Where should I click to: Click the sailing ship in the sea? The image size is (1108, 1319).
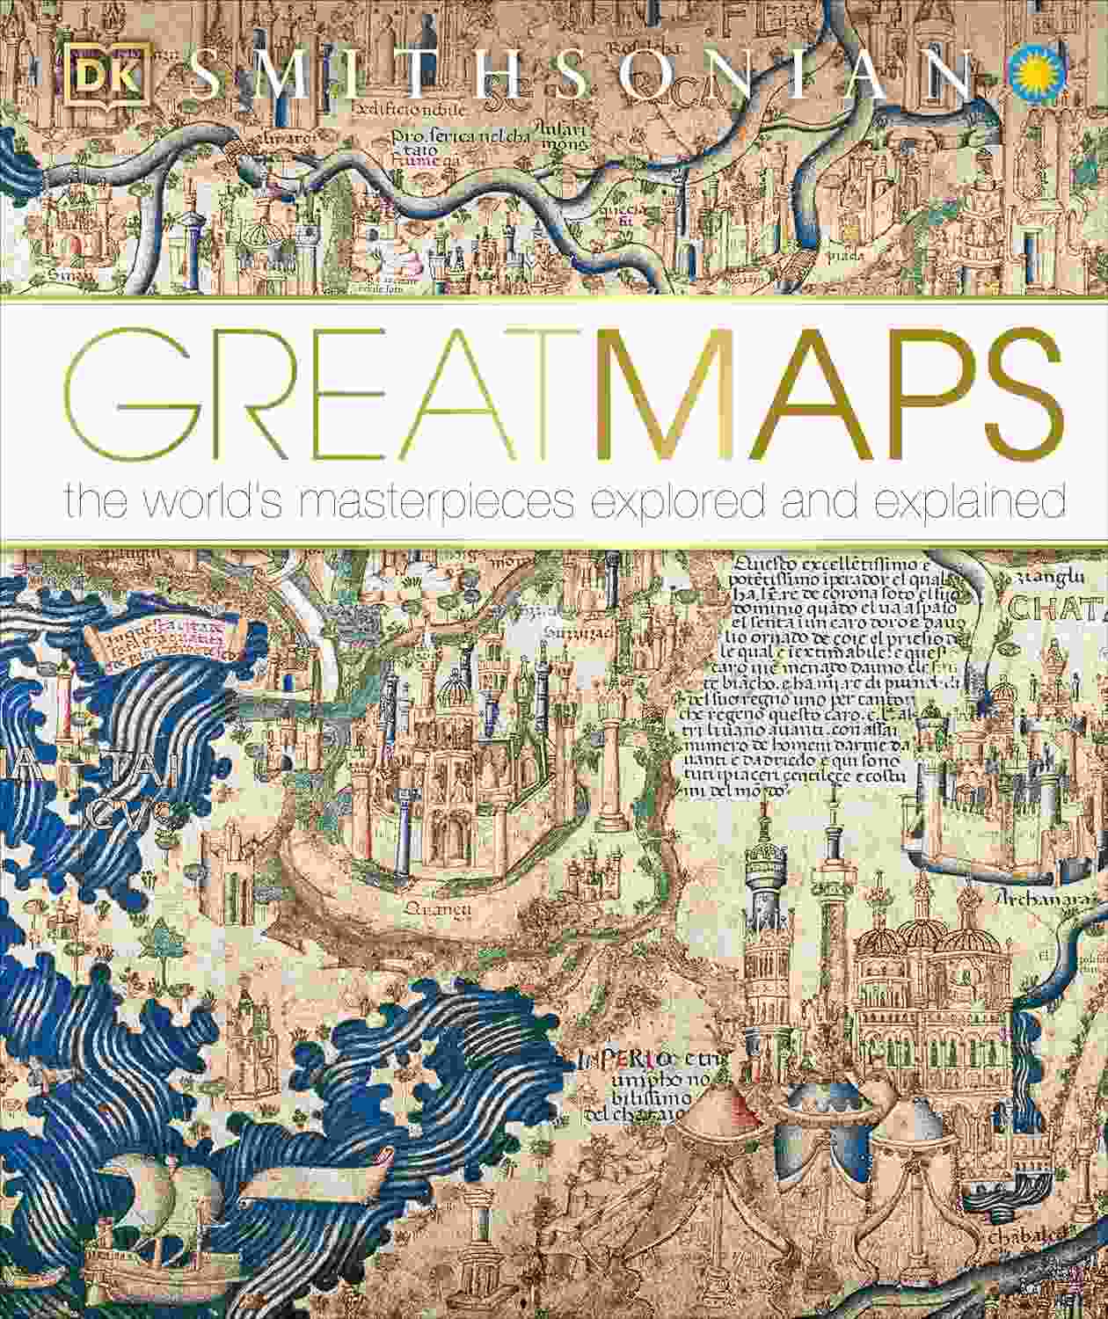tap(145, 1231)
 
